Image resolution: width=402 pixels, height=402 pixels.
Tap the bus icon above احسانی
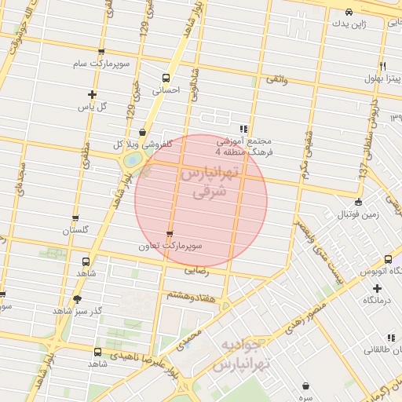pos(165,78)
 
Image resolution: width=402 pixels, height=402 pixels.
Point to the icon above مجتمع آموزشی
pos(243,129)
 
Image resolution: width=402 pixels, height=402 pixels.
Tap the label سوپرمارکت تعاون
pos(170,245)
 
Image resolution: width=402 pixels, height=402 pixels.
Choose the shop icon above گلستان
pos(75,219)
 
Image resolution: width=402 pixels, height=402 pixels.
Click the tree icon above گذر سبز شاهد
pos(76,299)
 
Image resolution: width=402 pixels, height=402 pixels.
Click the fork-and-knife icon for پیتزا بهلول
pos(382,66)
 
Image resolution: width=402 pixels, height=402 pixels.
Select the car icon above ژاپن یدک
pos(349,13)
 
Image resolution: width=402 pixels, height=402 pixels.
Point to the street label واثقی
pos(277,79)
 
